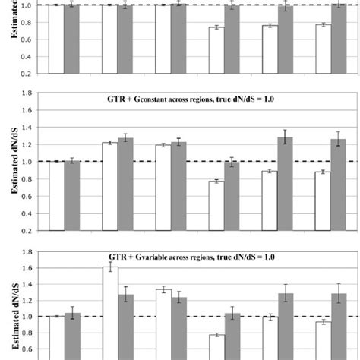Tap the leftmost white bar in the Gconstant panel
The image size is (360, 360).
pos(56,196)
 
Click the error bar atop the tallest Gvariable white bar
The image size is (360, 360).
pos(110,267)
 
